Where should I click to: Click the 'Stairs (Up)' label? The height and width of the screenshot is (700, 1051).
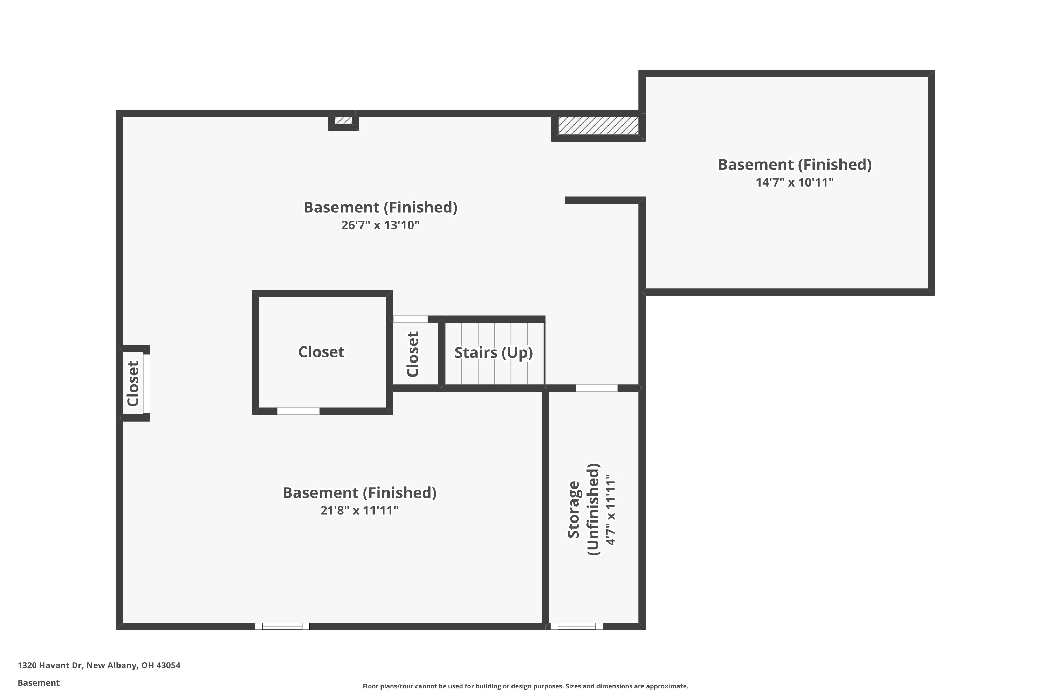pos(493,353)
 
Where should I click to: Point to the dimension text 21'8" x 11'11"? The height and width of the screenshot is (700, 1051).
pos(359,510)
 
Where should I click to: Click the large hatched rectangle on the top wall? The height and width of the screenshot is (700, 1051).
pos(598,125)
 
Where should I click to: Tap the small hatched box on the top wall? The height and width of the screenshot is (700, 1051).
pos(343,120)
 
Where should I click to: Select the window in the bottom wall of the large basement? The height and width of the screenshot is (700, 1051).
pos(282,626)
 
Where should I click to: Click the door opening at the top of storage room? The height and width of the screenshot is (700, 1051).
pos(597,388)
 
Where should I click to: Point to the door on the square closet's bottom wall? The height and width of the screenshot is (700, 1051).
pos(298,411)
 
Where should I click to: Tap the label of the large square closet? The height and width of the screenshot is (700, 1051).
pos(321,352)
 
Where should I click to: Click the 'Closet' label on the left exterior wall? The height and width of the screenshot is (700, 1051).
pos(133,384)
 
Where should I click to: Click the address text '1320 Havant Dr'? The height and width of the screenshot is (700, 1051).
pos(50,665)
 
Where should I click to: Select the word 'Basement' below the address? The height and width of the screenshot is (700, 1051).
pos(39,682)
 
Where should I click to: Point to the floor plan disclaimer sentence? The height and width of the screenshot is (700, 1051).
pos(525,686)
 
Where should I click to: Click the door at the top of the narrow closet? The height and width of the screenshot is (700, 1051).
pos(410,319)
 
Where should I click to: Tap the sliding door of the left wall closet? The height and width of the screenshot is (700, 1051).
pos(146,384)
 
